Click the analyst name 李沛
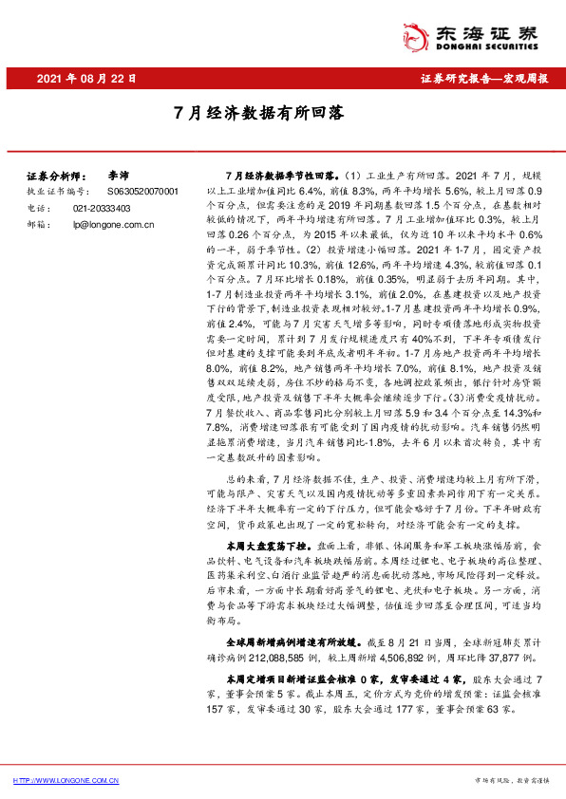coord(117,176)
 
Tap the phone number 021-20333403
coord(105,207)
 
